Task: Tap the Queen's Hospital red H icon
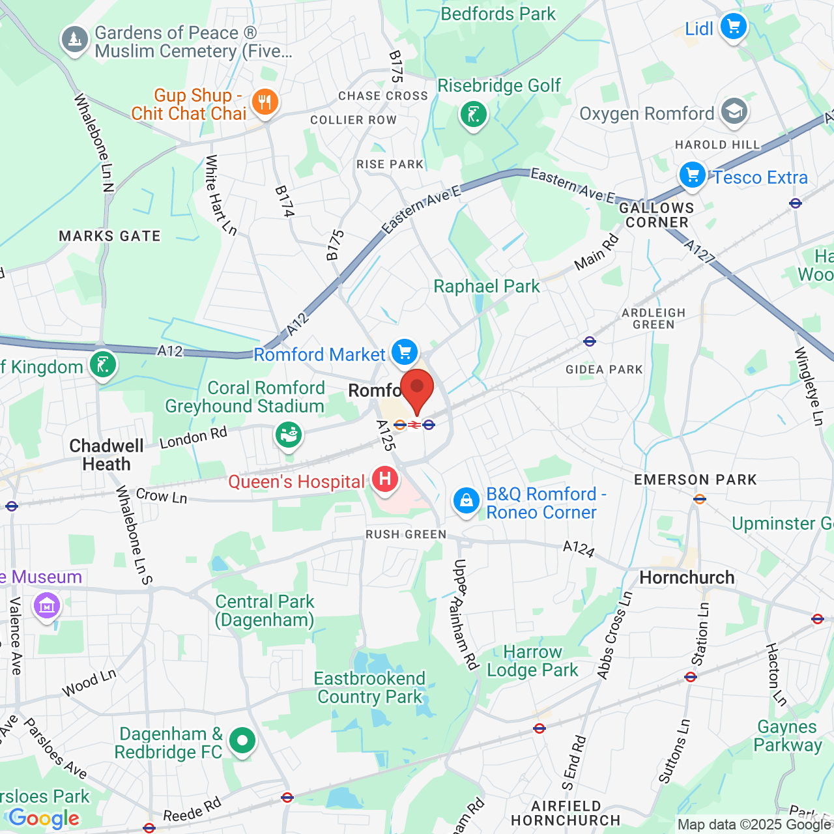click(385, 480)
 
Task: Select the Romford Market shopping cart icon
click(405, 352)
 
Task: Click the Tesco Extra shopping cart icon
click(693, 175)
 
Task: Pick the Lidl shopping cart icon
click(734, 27)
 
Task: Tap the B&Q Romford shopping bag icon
click(467, 501)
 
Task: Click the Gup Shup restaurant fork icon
click(265, 102)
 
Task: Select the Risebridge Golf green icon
click(474, 115)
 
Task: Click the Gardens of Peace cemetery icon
click(75, 40)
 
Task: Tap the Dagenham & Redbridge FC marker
click(242, 741)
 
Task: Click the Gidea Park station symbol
click(590, 341)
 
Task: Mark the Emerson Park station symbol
click(700, 500)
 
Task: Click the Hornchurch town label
click(687, 578)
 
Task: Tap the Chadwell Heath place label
click(106, 455)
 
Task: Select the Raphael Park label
click(487, 287)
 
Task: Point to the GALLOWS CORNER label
click(657, 215)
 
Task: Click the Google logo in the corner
click(44, 818)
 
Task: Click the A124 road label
click(579, 549)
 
